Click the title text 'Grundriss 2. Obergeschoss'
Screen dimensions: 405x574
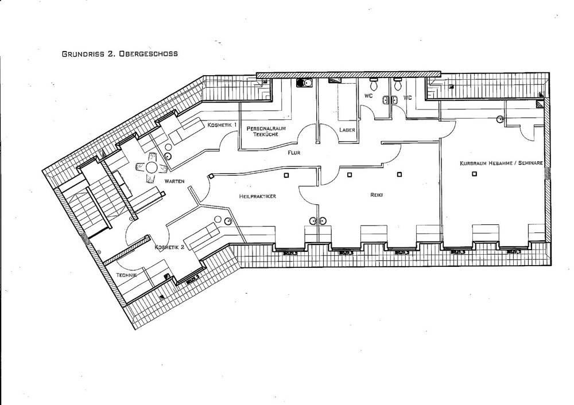(119, 54)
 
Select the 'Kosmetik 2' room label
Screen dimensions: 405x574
(170, 247)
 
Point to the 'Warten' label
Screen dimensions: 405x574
(174, 181)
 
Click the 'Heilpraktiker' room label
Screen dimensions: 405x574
(258, 196)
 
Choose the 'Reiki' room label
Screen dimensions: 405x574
(377, 195)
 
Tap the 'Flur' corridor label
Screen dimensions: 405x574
(294, 153)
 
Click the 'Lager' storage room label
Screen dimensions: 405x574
(347, 130)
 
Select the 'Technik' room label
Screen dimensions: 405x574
(126, 275)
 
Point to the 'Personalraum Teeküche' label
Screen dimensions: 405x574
(266, 131)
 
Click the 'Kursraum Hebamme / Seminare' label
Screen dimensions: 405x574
(501, 163)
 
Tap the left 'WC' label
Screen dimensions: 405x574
(368, 96)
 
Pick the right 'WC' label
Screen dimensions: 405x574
(408, 98)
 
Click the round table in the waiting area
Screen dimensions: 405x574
(153, 168)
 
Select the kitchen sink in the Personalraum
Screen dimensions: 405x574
(304, 83)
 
